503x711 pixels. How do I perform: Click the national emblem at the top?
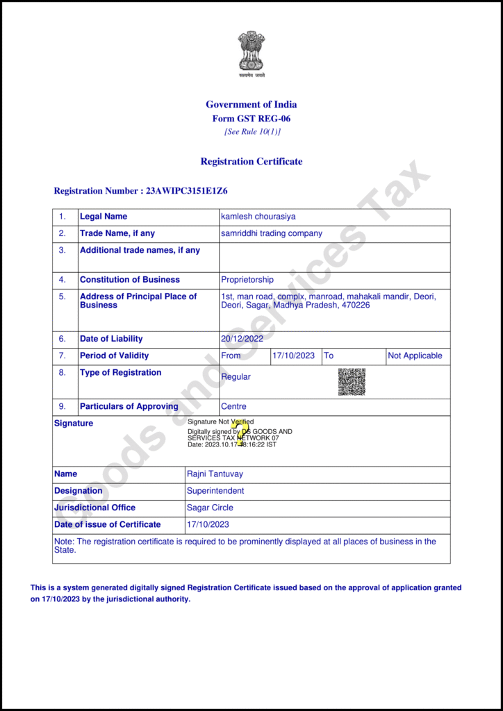[x=251, y=51]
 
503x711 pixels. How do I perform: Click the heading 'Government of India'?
[x=251, y=105]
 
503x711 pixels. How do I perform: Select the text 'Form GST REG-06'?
[x=251, y=119]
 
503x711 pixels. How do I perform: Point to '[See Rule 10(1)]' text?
[x=252, y=132]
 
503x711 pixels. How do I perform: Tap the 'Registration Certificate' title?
[x=251, y=162]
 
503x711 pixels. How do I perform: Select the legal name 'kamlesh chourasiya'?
[x=258, y=217]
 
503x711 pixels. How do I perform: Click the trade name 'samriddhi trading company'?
[x=272, y=233]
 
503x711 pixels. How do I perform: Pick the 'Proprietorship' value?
[x=247, y=280]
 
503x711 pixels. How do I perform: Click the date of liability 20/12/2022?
[x=242, y=339]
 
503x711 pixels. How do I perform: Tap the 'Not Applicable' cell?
[x=415, y=355]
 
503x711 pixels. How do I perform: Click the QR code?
[x=352, y=382]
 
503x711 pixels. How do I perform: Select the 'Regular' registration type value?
[x=236, y=377]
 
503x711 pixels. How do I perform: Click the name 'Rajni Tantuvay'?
[x=215, y=474]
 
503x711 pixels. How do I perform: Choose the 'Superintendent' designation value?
[x=215, y=491]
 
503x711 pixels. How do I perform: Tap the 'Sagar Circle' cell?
[x=210, y=508]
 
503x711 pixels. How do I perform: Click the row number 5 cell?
[x=63, y=296]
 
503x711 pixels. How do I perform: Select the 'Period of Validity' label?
[x=114, y=355]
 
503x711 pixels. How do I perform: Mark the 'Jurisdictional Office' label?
[x=94, y=508]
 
